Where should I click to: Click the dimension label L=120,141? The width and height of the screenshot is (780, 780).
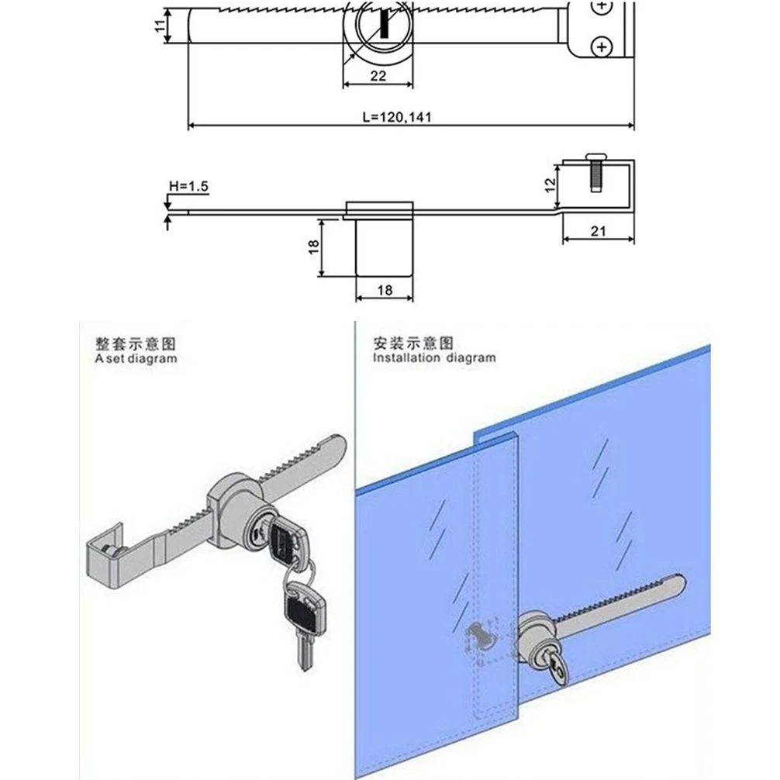pos(396,117)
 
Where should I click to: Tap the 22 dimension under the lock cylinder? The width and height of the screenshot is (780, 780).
pos(378,76)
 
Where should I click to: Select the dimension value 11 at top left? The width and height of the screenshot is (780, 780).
pos(160,26)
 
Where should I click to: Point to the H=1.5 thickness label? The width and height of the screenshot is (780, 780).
pos(188,186)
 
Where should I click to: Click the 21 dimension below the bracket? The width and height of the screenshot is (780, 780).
pos(598,231)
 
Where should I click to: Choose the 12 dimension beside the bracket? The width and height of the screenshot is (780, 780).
pos(550,185)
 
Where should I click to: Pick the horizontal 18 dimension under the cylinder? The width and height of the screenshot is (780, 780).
pos(385,290)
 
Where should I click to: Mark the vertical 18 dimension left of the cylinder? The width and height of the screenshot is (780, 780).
pos(313,247)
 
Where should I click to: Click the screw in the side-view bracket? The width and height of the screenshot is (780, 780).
pos(595,172)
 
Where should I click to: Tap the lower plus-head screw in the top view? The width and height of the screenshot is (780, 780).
pos(602,47)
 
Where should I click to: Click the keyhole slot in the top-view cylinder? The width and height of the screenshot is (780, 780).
pos(384,25)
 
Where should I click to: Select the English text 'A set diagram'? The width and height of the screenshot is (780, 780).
pos(136,359)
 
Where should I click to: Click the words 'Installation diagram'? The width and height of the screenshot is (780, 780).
pos(433,357)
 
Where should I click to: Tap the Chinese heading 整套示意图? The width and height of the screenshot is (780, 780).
pos(136,343)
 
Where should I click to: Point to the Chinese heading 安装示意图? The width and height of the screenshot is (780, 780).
pos(413,343)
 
